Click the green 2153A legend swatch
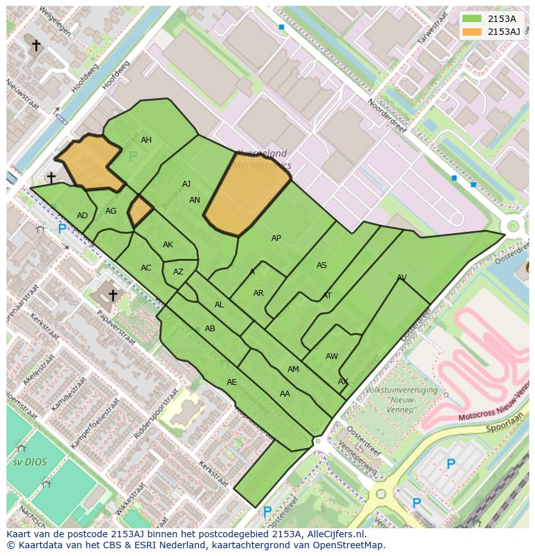(x=472, y=18)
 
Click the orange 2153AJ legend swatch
(x=472, y=31)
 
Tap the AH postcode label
(x=146, y=140)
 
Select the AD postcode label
(x=82, y=216)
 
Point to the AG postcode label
(x=110, y=211)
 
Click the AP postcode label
(x=276, y=238)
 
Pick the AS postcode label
(x=321, y=265)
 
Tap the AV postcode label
(x=402, y=278)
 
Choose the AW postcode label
(x=331, y=356)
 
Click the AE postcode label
(x=231, y=382)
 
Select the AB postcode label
(x=209, y=329)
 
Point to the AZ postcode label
(x=178, y=272)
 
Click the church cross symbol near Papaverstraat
(x=112, y=295)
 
